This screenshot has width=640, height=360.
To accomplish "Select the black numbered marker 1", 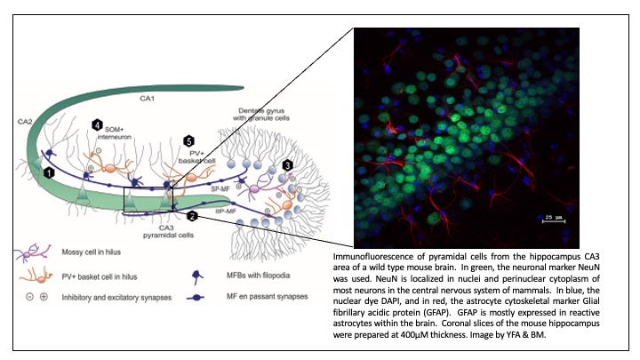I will point(51,169).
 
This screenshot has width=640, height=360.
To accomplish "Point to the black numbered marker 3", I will point(287,165).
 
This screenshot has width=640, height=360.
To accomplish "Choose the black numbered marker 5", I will point(188,141).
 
